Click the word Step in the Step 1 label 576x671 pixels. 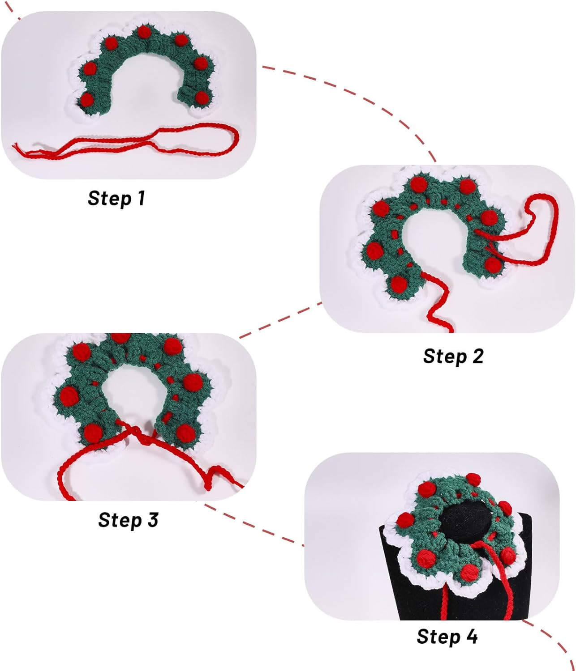(x=109, y=198)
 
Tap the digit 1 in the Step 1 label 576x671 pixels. (x=141, y=198)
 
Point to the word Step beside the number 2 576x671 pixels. (x=445, y=357)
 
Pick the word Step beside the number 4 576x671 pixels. (x=438, y=637)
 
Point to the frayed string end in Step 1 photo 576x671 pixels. (x=16, y=148)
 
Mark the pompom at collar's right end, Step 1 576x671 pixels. (x=202, y=97)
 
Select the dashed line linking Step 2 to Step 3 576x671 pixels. (x=280, y=320)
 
